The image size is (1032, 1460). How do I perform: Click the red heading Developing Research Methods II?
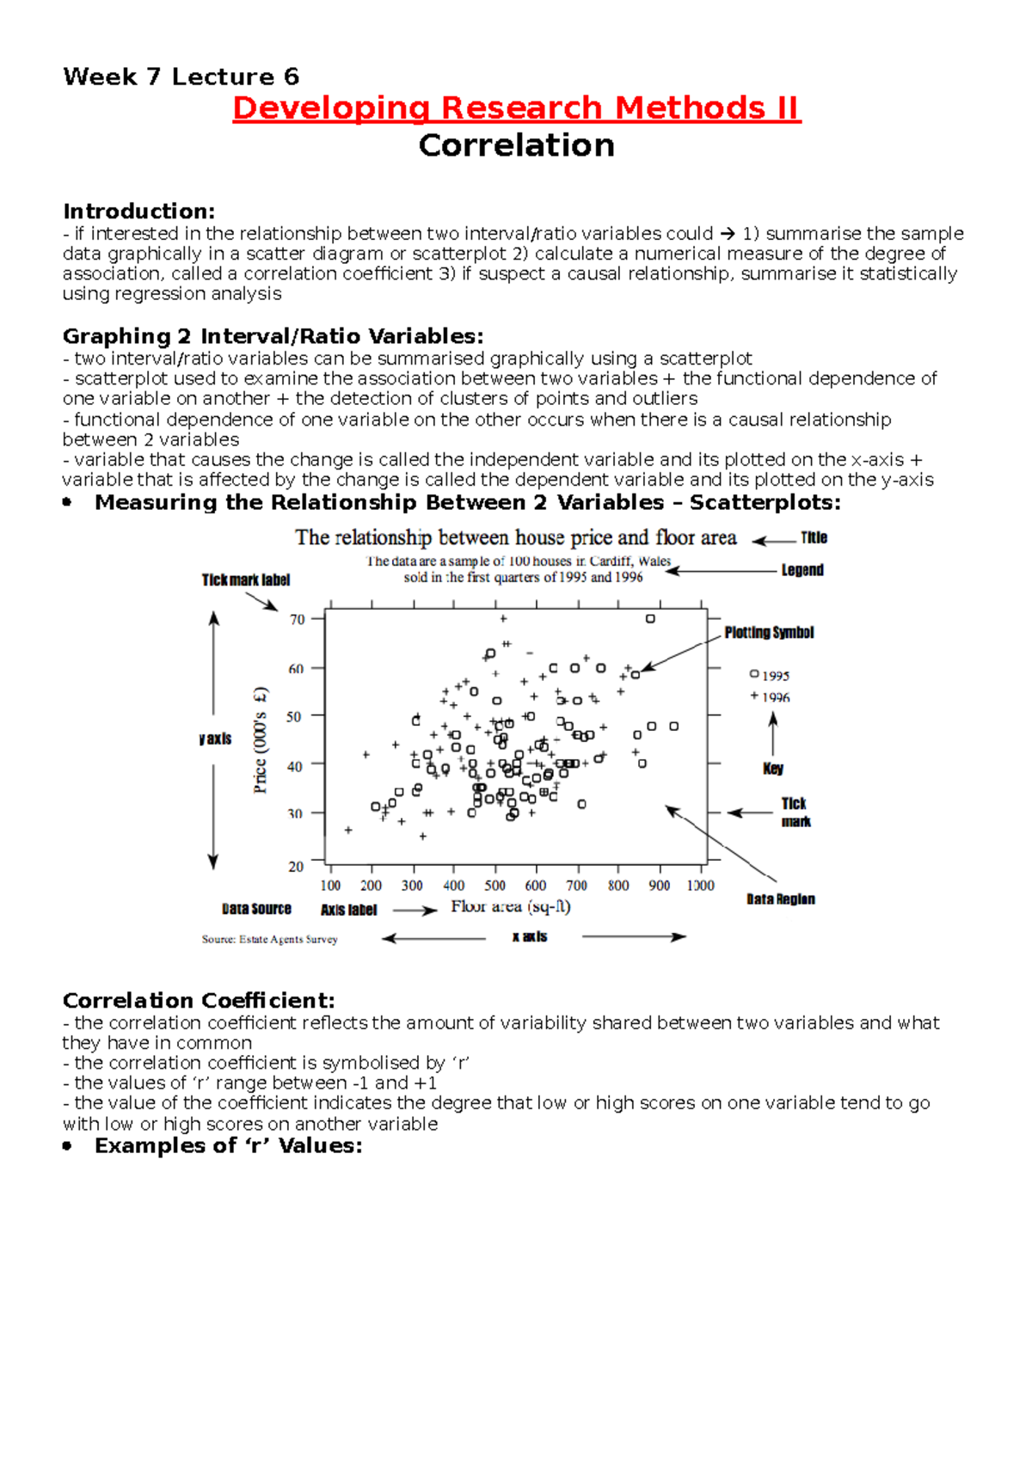(x=516, y=108)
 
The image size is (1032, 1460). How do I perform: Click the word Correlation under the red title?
(x=516, y=145)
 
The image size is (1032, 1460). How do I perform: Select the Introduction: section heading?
(x=138, y=212)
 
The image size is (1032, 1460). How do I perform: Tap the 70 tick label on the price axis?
(x=298, y=619)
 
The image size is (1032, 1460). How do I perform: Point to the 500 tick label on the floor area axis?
(x=494, y=886)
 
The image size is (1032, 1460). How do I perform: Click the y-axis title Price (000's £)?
(x=261, y=739)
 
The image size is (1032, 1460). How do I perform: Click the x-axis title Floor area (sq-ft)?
(x=511, y=907)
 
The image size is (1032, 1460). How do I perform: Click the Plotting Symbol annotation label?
(x=769, y=633)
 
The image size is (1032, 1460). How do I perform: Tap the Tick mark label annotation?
(x=246, y=580)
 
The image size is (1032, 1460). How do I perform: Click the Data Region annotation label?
(x=780, y=899)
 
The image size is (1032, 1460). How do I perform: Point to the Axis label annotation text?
(x=348, y=910)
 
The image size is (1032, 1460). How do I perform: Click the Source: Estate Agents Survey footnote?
(x=269, y=940)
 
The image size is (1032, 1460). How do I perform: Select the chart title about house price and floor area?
(x=515, y=538)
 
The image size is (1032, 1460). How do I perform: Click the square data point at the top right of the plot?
(x=650, y=618)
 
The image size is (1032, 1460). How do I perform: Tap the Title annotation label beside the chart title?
(x=814, y=538)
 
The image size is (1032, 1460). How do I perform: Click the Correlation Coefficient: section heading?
(x=199, y=1001)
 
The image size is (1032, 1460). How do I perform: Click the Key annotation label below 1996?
(x=772, y=769)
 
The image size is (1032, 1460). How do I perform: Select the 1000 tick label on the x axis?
(x=700, y=886)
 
